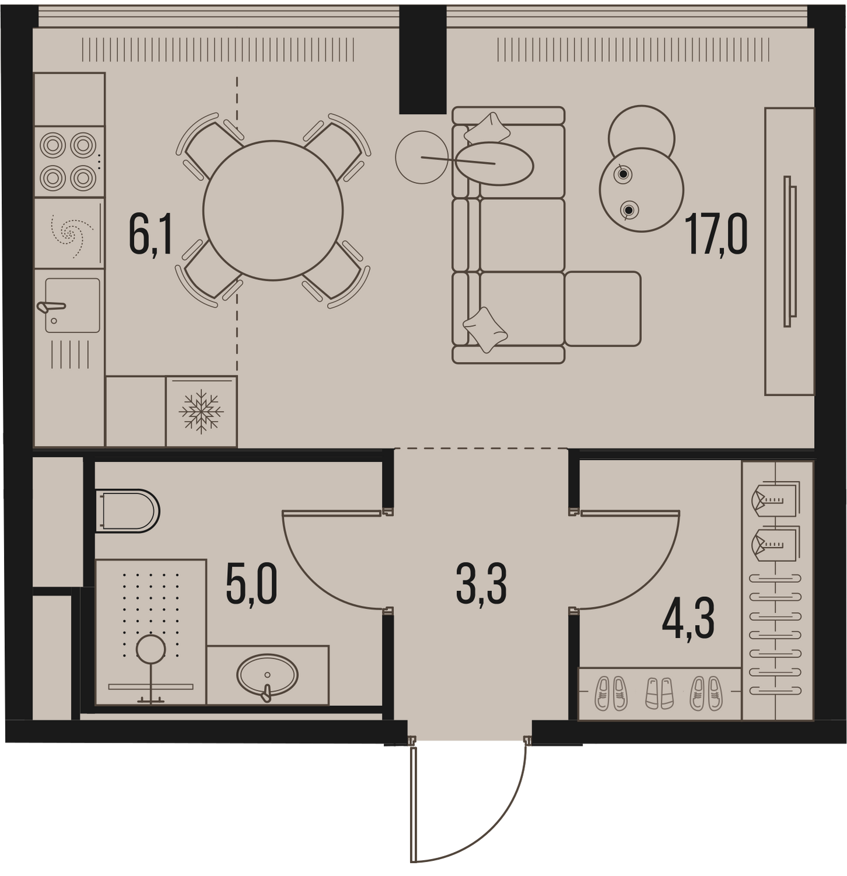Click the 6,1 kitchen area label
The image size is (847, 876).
pos(151,235)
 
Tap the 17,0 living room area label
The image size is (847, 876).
pos(717,234)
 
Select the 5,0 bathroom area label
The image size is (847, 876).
pos(251,586)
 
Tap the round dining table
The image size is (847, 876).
pos(273,210)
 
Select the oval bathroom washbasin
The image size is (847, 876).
pos(268,675)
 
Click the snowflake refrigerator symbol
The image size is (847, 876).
pos(202,412)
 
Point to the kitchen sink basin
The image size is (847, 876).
pos(72,305)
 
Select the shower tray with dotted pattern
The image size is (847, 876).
pos(151,632)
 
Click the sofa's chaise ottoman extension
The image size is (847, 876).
pos(602,308)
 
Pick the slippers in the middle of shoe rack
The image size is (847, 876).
pos(659,693)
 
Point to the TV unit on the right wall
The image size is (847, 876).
pos(790,251)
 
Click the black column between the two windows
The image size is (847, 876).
pos(423,59)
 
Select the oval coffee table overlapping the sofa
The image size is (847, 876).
pos(494,164)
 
